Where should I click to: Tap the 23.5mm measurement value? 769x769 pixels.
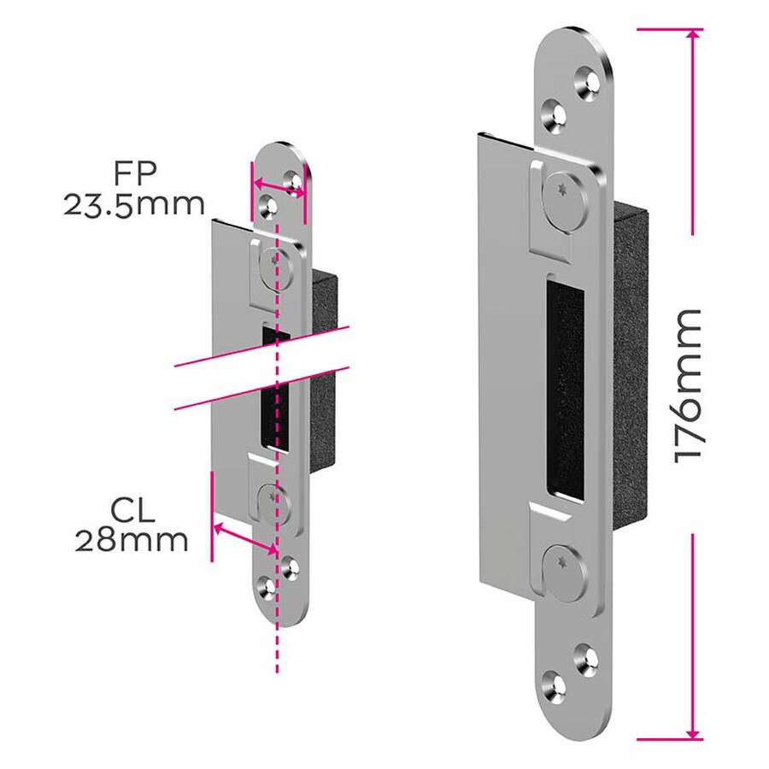pos(134,205)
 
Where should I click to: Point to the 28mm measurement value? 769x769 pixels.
pos(131,542)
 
